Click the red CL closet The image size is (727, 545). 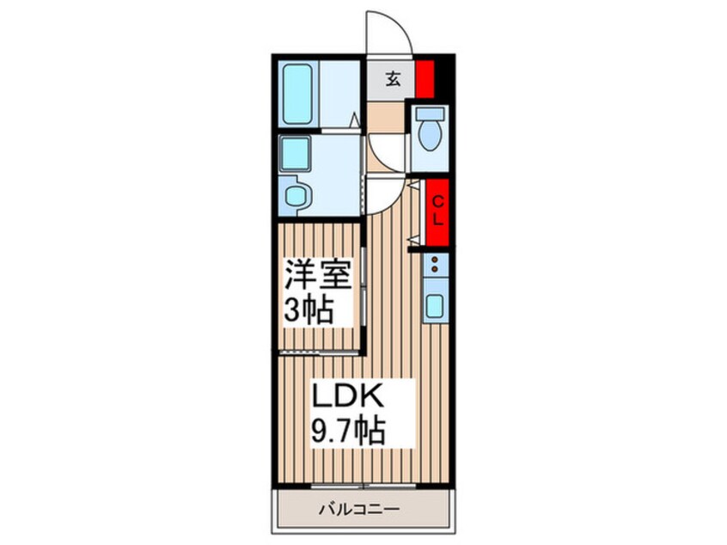click(x=437, y=211)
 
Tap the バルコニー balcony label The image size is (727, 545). click(x=362, y=510)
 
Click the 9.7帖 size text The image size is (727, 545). click(x=349, y=428)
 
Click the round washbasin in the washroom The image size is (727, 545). click(x=297, y=196)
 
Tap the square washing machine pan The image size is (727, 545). click(x=297, y=155)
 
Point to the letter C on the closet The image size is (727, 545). click(x=437, y=202)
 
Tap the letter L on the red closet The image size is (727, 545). click(x=437, y=219)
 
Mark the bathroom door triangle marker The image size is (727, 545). click(x=354, y=120)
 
